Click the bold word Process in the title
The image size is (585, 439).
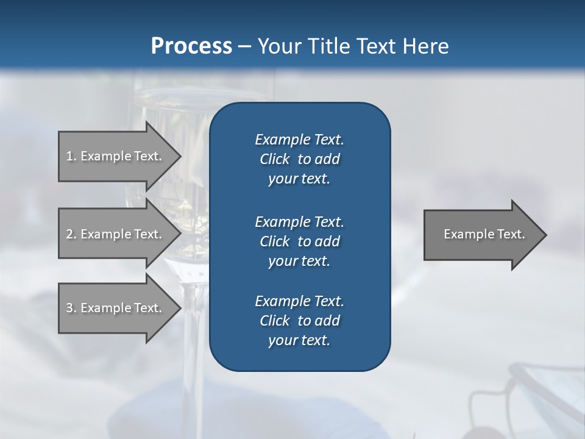point(191,46)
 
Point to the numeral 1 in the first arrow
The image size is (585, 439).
point(69,156)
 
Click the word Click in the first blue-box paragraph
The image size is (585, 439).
point(274,160)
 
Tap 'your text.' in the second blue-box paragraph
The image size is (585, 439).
point(299,261)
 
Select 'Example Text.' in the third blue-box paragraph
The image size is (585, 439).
point(299,301)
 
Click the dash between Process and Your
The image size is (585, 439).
point(245,46)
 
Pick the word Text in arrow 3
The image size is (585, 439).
point(147,308)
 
